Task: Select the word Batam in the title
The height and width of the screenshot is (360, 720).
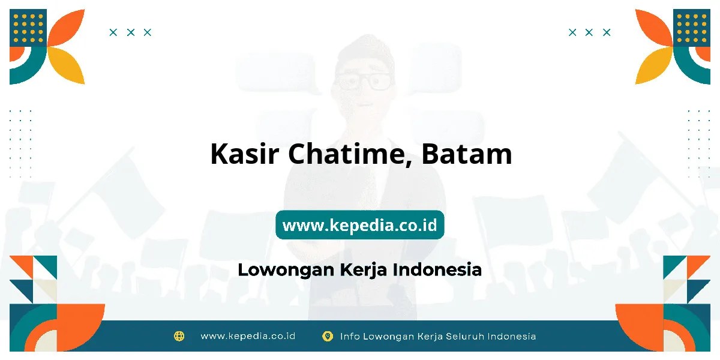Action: point(467,154)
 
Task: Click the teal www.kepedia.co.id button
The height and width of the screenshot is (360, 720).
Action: point(359,224)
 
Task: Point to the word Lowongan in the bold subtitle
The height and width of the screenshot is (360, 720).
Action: point(286,270)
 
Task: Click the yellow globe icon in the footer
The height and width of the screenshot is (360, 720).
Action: point(179,336)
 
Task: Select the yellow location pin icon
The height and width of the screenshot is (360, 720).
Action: point(328,336)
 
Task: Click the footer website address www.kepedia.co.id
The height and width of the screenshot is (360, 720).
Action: point(248,336)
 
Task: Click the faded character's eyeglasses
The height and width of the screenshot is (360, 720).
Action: point(364,82)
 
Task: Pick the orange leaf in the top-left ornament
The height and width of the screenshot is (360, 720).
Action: point(66,28)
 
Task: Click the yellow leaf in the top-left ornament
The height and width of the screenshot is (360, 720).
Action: point(66,65)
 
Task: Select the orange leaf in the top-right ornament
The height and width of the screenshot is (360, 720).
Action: point(654,28)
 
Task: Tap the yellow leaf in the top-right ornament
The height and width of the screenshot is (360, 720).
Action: point(654,65)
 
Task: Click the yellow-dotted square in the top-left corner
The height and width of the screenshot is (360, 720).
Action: point(28,28)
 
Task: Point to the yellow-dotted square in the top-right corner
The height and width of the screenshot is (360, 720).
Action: point(692,28)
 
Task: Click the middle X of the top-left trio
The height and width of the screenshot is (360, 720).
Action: point(131,32)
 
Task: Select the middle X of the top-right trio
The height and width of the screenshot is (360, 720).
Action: point(589,32)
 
